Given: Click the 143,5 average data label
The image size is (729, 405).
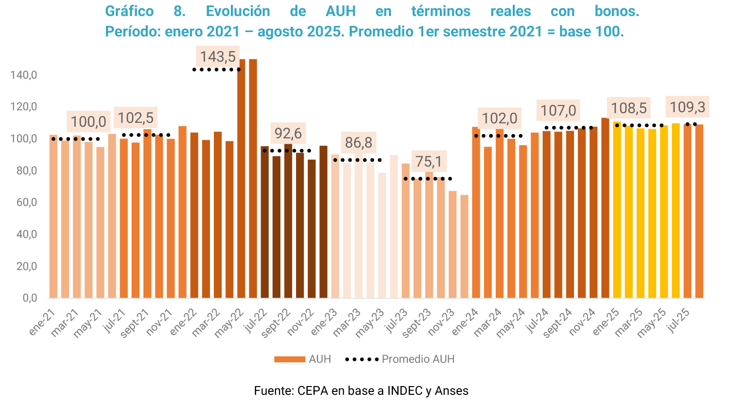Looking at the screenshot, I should point(218,56).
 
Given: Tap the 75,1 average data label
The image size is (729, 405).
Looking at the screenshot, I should point(429,161).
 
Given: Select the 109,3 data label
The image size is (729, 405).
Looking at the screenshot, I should point(687,107).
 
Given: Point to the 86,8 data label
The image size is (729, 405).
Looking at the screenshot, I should point(359,142).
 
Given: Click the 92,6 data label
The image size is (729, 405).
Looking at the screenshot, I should point(288,133).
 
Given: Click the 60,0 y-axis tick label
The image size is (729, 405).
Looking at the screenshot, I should point(27,202).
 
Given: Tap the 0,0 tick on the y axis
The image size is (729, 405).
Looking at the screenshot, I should point(30,298).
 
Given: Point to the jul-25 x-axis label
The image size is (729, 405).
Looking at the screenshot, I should point(679,320).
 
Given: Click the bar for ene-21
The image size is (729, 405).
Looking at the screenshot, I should point(53,216).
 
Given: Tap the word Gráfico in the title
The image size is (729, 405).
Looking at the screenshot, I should point(129,11).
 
